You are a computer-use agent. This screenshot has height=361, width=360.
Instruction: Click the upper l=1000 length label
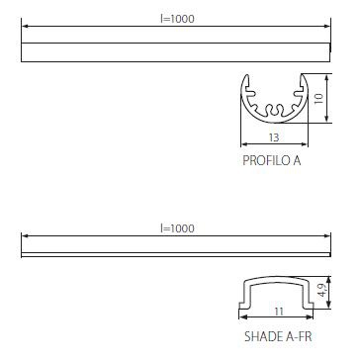[x=177, y=19]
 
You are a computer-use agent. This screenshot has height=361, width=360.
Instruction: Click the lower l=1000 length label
[x=177, y=228]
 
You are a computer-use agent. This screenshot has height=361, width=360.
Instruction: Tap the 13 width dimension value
[x=274, y=137]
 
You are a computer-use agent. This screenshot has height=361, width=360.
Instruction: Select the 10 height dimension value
[x=318, y=98]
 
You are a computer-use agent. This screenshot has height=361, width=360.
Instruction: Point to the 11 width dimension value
[x=279, y=312]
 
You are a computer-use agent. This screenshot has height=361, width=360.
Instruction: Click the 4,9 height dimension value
[x=322, y=291]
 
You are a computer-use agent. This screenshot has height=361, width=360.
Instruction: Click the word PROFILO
[x=265, y=160]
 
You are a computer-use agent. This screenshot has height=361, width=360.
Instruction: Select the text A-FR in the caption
[x=298, y=336]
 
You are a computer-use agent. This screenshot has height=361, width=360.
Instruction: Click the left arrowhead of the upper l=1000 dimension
[x=25, y=26]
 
